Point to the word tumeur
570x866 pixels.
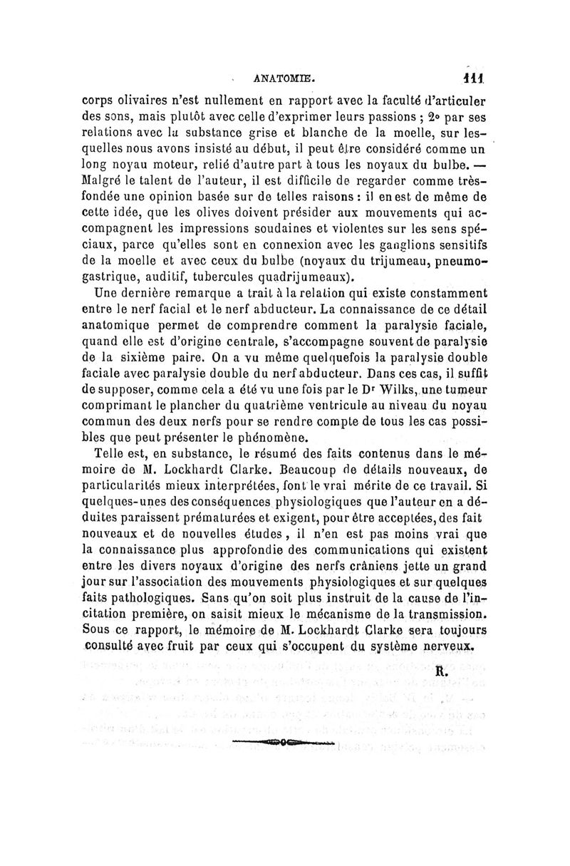(462, 388)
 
